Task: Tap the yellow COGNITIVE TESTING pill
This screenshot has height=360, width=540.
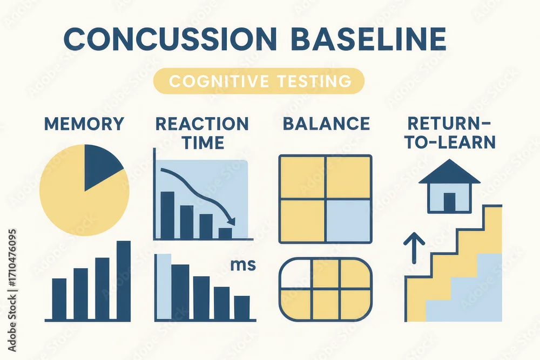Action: coord(259,81)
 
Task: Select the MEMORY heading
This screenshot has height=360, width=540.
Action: coord(84,124)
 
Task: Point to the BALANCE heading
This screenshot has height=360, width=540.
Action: coord(327,124)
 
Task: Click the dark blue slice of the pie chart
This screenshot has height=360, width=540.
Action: coord(100,165)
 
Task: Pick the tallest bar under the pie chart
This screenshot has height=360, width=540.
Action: coord(124,281)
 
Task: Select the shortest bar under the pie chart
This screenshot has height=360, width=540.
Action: coord(59,299)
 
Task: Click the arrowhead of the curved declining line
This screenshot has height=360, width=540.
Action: coord(231,221)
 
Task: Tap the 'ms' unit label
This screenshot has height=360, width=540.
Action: coord(243,265)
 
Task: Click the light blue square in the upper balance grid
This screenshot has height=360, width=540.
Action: coord(348,220)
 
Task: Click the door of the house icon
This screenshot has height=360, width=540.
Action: coord(449,202)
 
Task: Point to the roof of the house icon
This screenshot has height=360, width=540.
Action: coord(449,172)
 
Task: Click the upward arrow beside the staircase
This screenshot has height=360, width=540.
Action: coord(414,248)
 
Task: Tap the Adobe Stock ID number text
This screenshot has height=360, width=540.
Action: coord(12,257)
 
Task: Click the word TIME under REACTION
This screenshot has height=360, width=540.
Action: coord(204,142)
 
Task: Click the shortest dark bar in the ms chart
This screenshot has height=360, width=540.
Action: coord(242,308)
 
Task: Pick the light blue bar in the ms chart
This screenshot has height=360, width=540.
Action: coord(164,287)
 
